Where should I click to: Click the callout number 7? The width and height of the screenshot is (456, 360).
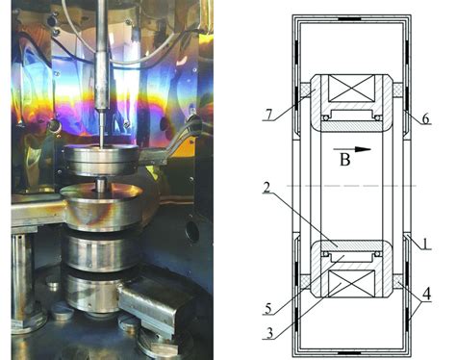pyautogui.click(x=269, y=115)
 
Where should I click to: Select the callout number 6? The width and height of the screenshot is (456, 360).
pyautogui.click(x=425, y=118)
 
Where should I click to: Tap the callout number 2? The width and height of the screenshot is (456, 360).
pyautogui.click(x=266, y=188)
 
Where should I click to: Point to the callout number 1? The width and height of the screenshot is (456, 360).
pyautogui.click(x=425, y=244)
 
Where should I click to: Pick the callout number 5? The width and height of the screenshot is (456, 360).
pyautogui.click(x=268, y=309)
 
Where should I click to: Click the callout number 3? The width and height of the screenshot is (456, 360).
pyautogui.click(x=270, y=333)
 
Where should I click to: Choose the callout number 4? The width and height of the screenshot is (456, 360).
pyautogui.click(x=426, y=294)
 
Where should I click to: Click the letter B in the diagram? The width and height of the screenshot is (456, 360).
pyautogui.click(x=344, y=159)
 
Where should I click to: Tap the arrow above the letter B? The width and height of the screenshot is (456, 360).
pyautogui.click(x=352, y=149)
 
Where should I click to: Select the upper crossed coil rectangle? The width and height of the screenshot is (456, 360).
pyautogui.click(x=352, y=89)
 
